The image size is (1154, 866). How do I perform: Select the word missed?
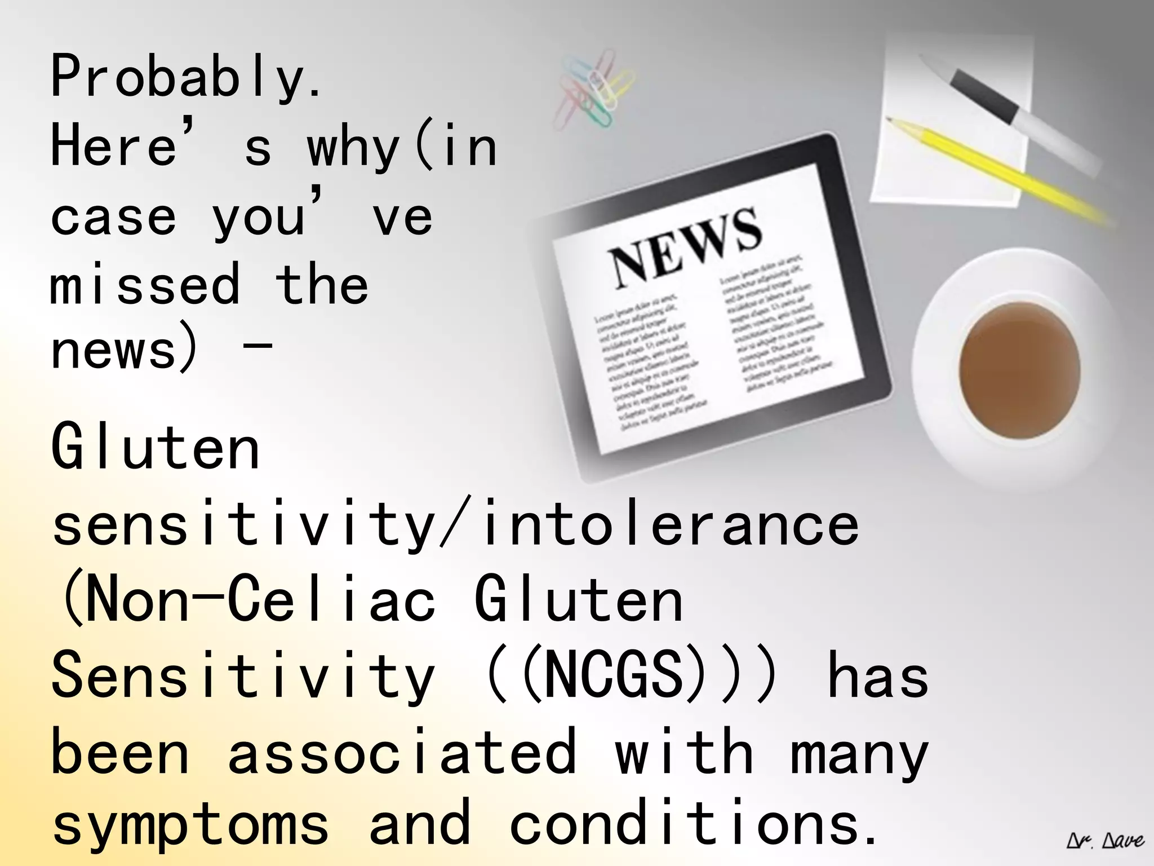coord(145,285)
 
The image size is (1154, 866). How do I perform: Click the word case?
coord(113,217)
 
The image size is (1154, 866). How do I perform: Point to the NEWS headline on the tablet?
coord(685,245)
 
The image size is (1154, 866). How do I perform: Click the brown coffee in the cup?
coord(1019,369)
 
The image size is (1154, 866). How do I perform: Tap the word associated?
coord(402,753)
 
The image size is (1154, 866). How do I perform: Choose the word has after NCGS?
coord(877,677)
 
